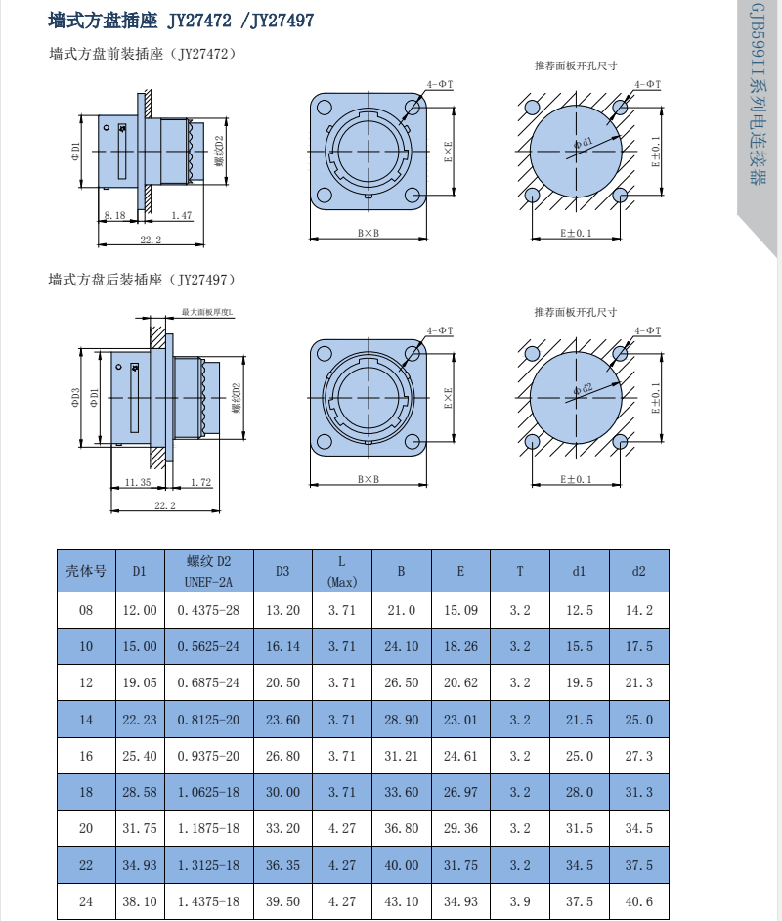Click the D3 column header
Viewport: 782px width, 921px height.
point(282,571)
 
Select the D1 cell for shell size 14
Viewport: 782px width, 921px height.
point(140,720)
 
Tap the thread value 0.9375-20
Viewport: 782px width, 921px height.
point(208,756)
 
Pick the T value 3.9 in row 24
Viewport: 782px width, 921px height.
point(520,901)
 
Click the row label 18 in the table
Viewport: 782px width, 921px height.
point(86,792)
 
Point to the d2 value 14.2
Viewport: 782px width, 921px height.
point(638,610)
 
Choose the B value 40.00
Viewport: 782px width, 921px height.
point(402,865)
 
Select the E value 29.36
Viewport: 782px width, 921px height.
point(460,828)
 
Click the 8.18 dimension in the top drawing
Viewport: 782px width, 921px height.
point(115,215)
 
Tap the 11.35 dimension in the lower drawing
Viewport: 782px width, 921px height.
point(138,482)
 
